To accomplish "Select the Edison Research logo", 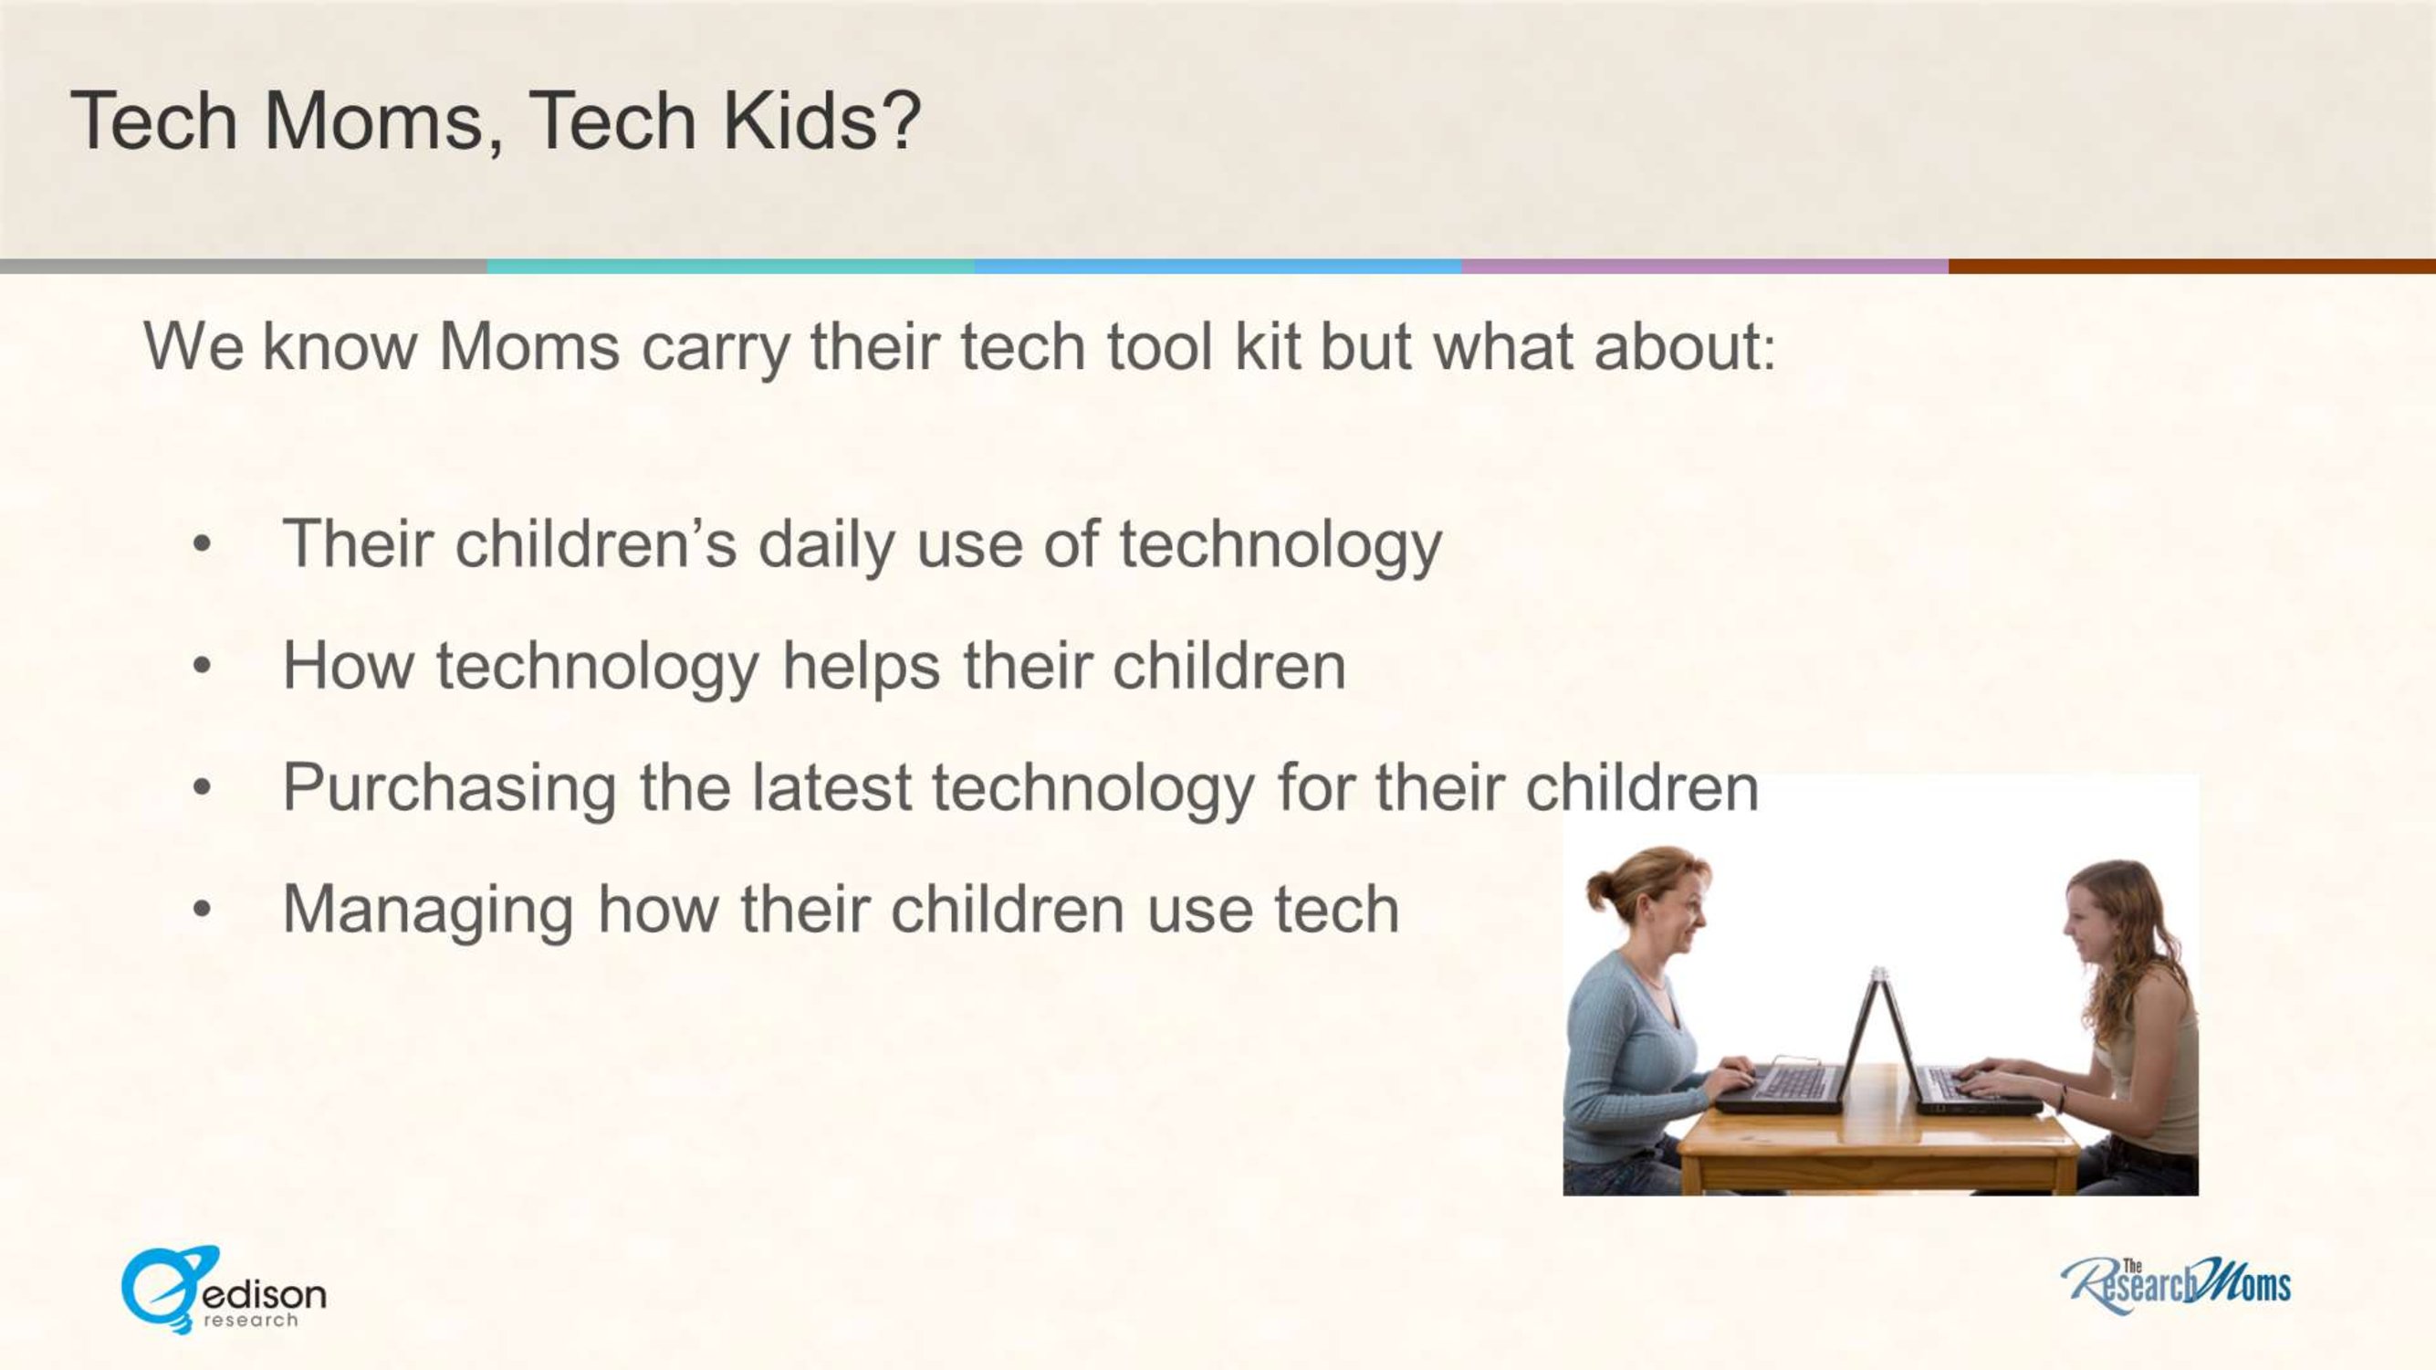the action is (x=224, y=1289).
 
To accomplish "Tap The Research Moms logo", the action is (x=2176, y=1286).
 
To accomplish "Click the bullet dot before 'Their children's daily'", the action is (x=201, y=544).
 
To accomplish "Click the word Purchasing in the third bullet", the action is (x=450, y=789).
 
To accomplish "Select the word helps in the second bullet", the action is (x=861, y=666).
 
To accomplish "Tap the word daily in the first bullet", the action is (x=826, y=546).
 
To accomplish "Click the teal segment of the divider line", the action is (x=730, y=267).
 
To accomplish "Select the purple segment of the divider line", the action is (x=1705, y=267).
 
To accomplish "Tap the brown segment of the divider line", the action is (x=2192, y=267).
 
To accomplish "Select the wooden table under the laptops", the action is (x=1877, y=1135).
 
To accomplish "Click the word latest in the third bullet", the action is (x=831, y=787).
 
